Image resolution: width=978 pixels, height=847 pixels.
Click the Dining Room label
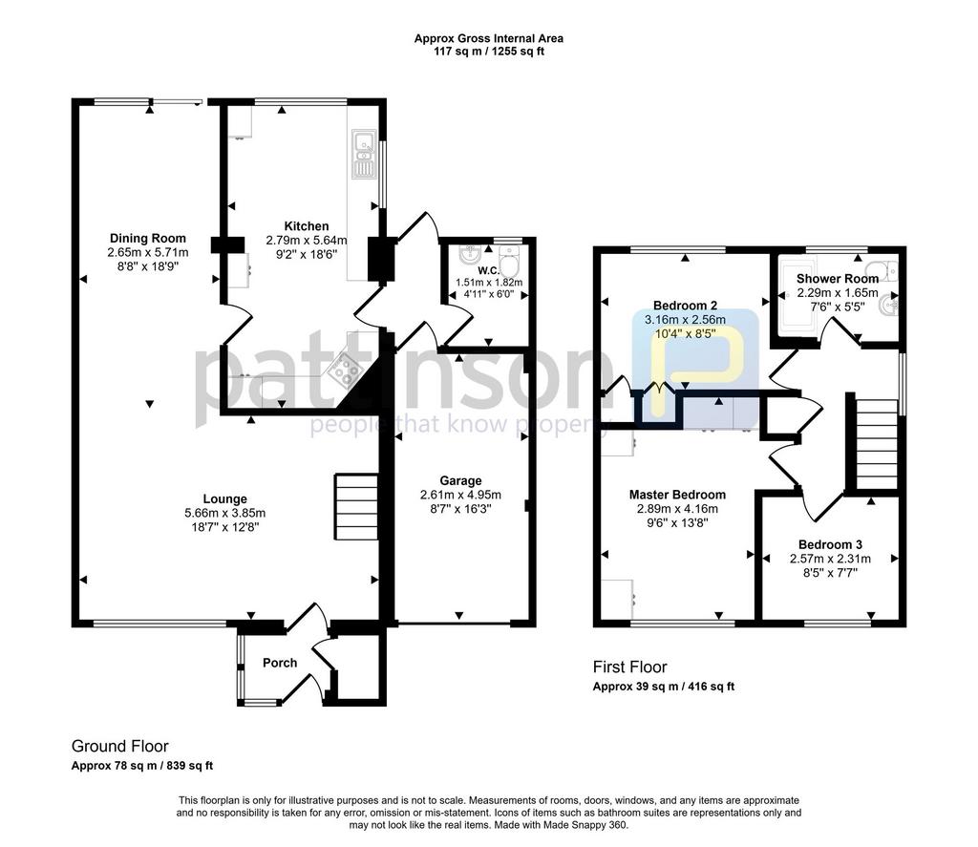click(x=148, y=239)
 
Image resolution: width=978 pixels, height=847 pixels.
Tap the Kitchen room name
click(x=307, y=226)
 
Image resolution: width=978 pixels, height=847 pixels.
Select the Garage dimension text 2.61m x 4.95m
click(x=460, y=495)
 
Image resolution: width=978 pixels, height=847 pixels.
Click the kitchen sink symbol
click(x=362, y=154)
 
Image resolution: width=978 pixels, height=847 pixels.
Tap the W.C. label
click(x=488, y=270)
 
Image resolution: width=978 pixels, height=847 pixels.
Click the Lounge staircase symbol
click(x=357, y=507)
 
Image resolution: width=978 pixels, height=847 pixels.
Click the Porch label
click(x=280, y=663)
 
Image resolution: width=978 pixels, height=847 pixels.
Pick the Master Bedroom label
click(x=677, y=495)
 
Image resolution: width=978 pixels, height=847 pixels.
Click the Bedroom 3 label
click(x=830, y=544)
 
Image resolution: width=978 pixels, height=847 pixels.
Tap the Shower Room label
click(x=838, y=279)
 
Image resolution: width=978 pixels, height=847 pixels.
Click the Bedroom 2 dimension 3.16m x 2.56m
click(x=685, y=320)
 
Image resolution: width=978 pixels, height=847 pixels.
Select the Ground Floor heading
click(x=120, y=746)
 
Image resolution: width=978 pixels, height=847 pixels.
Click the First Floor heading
click(x=630, y=667)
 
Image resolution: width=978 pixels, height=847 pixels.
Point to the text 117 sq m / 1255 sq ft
click(x=489, y=52)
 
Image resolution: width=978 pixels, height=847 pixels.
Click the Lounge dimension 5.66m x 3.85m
click(x=224, y=514)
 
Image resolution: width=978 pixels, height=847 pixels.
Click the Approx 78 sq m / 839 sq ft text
click(x=142, y=765)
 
